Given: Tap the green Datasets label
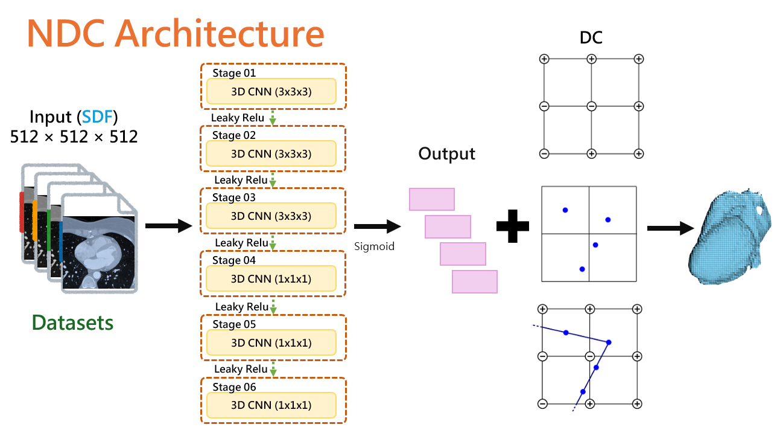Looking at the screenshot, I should [x=72, y=322].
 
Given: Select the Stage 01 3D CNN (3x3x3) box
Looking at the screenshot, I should [x=271, y=91].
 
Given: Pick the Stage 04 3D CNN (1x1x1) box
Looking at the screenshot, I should [x=271, y=278].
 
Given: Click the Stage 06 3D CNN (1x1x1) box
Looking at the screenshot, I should [x=271, y=405].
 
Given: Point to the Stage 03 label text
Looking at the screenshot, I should [x=234, y=197].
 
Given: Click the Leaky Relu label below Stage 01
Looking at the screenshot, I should [x=238, y=117].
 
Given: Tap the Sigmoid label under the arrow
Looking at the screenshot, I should [x=374, y=246].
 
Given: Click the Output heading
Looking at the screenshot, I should [x=447, y=153].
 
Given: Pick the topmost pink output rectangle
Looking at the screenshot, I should [x=432, y=199].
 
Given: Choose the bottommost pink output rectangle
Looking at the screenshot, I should [x=475, y=281].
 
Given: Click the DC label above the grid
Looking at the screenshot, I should [x=591, y=37].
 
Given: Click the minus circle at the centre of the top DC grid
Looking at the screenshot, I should [x=591, y=106].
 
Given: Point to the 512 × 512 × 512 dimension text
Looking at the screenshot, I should [x=74, y=136].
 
